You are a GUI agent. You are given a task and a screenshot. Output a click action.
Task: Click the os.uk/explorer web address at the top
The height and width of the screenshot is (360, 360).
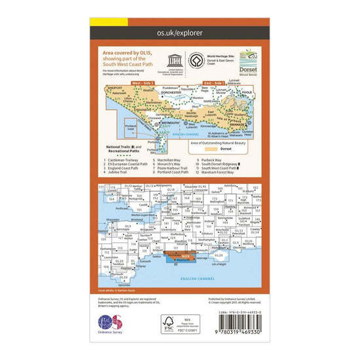(179, 31)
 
